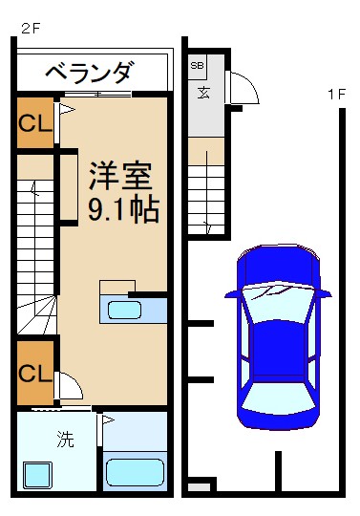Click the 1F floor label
tap(334, 94)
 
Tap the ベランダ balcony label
tap(91, 72)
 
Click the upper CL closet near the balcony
tap(34, 123)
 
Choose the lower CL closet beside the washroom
tap(34, 371)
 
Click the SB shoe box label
tap(197, 66)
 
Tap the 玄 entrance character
tap(204, 93)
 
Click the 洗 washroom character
tap(64, 441)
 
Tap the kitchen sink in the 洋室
tap(124, 310)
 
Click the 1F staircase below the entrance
tap(205, 196)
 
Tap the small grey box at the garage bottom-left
tap(198, 488)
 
